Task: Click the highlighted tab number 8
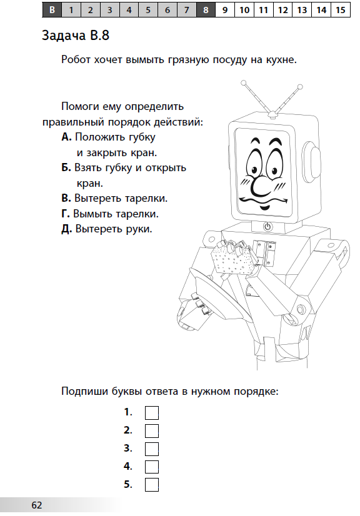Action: [x=206, y=9]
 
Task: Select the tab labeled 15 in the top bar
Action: [x=340, y=9]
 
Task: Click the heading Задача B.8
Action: [x=76, y=36]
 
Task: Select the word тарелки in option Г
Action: [x=137, y=214]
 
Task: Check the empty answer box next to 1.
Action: [x=152, y=412]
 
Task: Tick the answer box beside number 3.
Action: [x=152, y=449]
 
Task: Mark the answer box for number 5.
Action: [x=152, y=485]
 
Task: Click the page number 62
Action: [x=37, y=504]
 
